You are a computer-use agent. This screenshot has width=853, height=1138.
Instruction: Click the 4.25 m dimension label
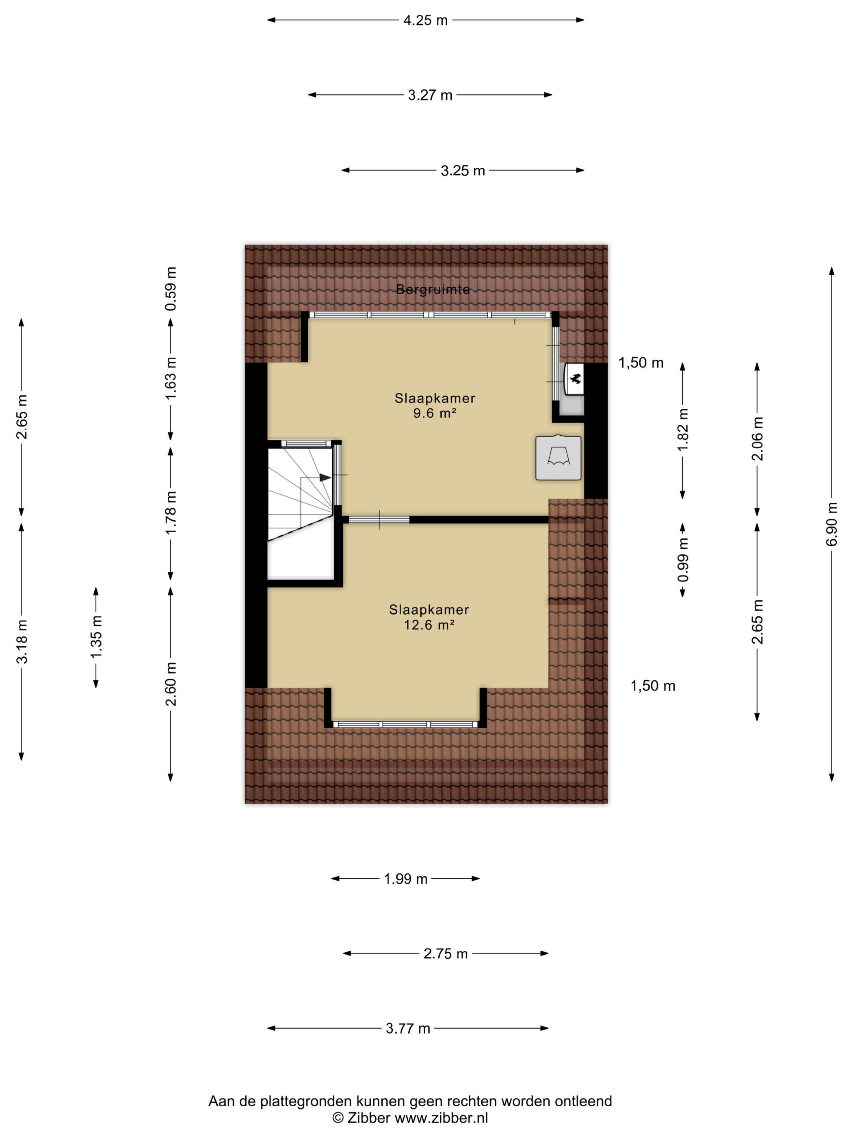[x=425, y=21]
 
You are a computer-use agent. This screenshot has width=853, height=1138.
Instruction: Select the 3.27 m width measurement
[x=430, y=95]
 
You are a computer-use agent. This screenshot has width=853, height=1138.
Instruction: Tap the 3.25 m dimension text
[x=463, y=170]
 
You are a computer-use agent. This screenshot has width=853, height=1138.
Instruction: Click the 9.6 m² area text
[x=435, y=413]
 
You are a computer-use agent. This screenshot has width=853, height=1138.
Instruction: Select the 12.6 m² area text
[x=429, y=625]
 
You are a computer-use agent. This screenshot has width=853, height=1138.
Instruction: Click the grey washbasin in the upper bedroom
[x=559, y=458]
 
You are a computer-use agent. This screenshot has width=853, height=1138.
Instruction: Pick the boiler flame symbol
[x=575, y=379]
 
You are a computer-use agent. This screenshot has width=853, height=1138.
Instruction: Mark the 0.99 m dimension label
[x=683, y=560]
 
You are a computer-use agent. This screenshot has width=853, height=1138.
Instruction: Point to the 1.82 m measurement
[x=683, y=430]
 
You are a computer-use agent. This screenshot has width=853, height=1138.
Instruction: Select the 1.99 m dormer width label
[x=406, y=879]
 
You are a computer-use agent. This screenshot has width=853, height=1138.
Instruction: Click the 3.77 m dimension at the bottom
[x=408, y=1028]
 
